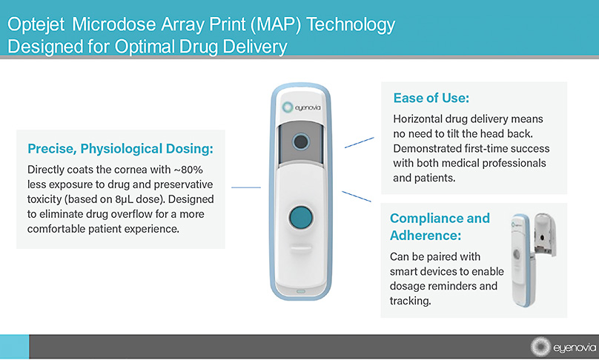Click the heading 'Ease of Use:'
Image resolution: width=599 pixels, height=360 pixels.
tap(431, 98)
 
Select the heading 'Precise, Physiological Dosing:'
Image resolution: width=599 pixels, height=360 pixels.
tap(120, 148)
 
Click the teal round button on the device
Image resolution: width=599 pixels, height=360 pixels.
tap(301, 218)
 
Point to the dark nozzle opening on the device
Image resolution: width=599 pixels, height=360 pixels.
tap(301, 141)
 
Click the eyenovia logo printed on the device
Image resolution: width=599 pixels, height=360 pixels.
tap(302, 107)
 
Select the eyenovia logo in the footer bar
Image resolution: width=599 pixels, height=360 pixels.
tap(563, 347)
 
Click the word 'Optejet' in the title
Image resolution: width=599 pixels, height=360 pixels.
tap(36, 24)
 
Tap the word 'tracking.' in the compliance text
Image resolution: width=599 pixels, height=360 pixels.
tap(410, 301)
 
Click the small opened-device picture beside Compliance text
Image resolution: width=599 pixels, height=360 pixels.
tap(534, 259)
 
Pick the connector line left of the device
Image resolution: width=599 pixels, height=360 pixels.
tap(246, 187)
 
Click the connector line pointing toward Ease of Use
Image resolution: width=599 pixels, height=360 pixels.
tap(360, 142)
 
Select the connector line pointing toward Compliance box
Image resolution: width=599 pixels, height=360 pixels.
tap(356, 196)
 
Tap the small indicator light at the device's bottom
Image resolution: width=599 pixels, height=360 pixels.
tap(301, 291)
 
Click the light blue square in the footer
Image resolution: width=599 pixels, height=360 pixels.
tap(15, 347)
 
